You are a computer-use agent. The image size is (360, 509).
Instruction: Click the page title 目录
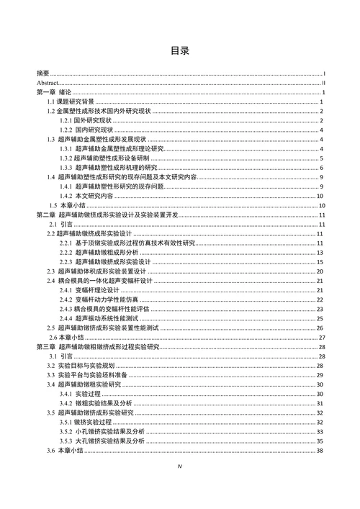pyautogui.click(x=180, y=51)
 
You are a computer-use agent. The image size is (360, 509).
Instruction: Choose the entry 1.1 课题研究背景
pyautogui.click(x=74, y=102)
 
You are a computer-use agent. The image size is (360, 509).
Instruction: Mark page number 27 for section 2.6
pyautogui.click(x=322, y=337)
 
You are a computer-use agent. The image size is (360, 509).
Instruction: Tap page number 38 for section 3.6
pyautogui.click(x=322, y=450)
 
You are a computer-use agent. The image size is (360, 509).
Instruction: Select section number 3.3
pyautogui.click(x=53, y=375)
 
